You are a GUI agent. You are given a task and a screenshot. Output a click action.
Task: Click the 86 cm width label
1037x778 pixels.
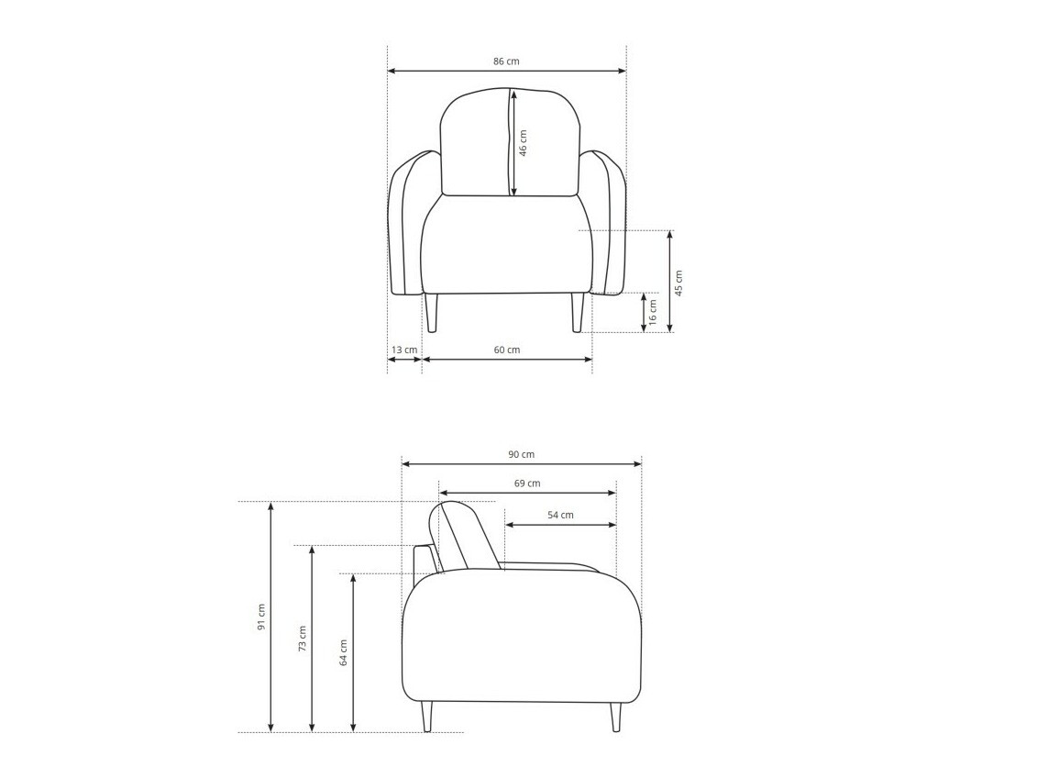click(506, 61)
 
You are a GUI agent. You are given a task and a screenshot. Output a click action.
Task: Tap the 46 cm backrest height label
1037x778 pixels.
click(524, 143)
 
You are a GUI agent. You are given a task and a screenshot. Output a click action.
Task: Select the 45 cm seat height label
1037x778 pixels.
click(678, 282)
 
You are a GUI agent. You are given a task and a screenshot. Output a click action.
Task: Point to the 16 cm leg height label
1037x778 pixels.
click(653, 312)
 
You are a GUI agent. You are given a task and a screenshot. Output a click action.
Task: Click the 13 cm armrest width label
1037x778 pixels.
click(404, 350)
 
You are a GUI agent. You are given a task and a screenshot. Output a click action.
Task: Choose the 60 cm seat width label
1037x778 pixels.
click(507, 350)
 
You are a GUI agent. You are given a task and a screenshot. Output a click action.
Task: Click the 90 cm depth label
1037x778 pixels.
click(522, 454)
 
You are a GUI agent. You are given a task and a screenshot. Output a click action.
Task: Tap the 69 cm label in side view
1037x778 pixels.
click(527, 483)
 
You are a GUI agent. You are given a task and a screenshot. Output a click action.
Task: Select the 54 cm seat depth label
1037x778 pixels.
click(560, 515)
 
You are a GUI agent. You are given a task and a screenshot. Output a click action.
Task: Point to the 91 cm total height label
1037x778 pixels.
click(261, 617)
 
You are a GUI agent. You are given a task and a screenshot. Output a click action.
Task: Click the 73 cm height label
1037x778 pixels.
click(303, 638)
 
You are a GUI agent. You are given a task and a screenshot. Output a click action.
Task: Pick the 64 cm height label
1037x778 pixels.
click(344, 652)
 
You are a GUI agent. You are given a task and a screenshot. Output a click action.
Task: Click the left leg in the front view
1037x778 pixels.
click(431, 313)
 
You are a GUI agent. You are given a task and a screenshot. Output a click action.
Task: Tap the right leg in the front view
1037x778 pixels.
click(578, 313)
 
